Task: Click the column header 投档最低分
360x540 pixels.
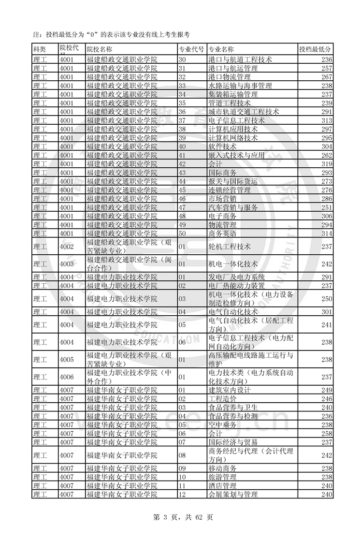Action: (x=315, y=49)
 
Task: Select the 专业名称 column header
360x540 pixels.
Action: (x=221, y=49)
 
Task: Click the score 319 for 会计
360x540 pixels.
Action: (x=326, y=164)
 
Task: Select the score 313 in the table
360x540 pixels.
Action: (x=326, y=120)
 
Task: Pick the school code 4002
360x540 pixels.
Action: (x=66, y=247)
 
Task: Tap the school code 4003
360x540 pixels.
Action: (x=66, y=264)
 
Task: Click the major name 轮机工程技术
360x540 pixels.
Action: (x=230, y=247)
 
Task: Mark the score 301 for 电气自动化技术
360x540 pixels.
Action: (x=326, y=312)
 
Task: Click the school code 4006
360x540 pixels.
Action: (x=66, y=377)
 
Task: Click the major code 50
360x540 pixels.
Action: (x=183, y=234)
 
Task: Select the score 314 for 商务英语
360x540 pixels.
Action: (x=326, y=234)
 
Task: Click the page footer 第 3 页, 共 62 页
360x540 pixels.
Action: (x=180, y=517)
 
